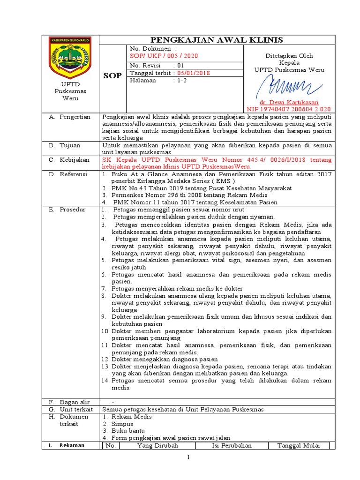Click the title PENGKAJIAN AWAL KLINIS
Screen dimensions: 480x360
pos(216,39)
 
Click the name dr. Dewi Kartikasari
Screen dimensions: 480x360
pos(289,102)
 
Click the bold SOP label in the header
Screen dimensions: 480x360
pos(112,75)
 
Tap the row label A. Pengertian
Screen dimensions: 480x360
pos(70,117)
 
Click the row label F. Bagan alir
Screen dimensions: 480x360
pos(69,402)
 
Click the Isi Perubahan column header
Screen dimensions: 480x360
pos(232,445)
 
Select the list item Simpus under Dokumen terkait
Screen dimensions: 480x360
pos(122,423)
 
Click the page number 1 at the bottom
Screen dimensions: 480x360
pos(188,457)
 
